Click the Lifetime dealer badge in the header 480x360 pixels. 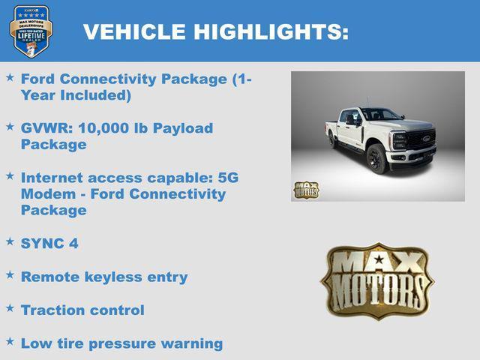tap(31, 31)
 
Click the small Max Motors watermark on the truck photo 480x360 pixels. tap(306, 190)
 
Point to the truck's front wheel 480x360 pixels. tap(377, 159)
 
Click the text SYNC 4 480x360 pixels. tap(49, 244)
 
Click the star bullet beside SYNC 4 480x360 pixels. tap(10, 241)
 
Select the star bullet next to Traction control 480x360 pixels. tap(10, 307)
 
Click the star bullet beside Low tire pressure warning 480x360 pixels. tap(10, 341)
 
